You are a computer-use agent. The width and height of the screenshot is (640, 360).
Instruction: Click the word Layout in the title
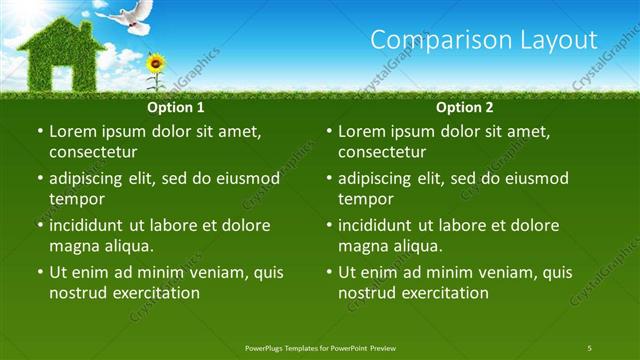click(x=561, y=40)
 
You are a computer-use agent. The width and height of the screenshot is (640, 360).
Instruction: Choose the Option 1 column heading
click(x=176, y=107)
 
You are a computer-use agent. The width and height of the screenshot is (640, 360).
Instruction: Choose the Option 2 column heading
click(x=465, y=107)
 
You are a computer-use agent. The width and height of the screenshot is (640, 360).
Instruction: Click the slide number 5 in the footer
click(x=590, y=347)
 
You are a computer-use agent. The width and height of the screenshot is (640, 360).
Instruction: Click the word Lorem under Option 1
click(x=74, y=131)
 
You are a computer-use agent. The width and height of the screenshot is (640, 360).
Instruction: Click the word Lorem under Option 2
click(x=363, y=131)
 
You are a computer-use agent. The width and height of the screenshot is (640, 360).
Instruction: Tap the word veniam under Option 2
click(x=491, y=271)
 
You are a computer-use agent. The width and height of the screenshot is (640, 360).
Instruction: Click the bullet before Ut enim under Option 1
click(x=39, y=272)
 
